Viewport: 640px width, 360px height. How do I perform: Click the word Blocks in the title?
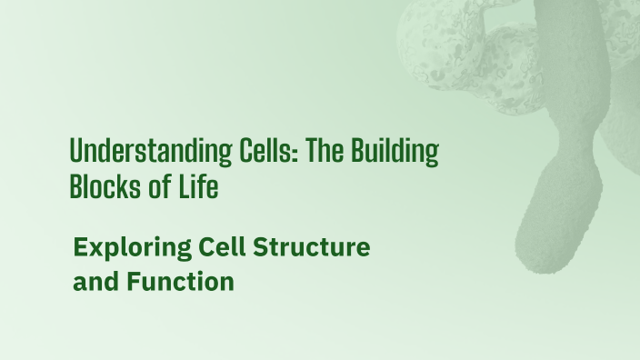point(104,187)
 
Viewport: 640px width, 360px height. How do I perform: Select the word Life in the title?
point(198,187)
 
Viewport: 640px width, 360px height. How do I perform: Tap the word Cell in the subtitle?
point(219,246)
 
